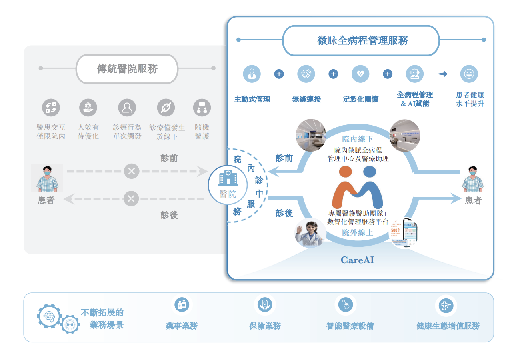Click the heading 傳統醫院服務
(127, 69)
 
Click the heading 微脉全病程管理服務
(362, 41)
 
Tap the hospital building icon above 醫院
(228, 178)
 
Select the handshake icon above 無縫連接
(306, 74)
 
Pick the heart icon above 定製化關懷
(360, 74)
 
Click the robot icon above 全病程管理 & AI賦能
(414, 74)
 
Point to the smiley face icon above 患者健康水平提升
(469, 74)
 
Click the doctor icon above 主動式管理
(252, 74)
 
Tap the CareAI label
(357, 260)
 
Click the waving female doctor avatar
(309, 233)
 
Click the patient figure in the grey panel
(47, 178)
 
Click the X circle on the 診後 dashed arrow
(131, 198)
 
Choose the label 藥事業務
(182, 326)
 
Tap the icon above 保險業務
(265, 305)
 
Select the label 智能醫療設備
(350, 326)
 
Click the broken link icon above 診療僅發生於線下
(165, 108)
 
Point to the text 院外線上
(357, 233)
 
